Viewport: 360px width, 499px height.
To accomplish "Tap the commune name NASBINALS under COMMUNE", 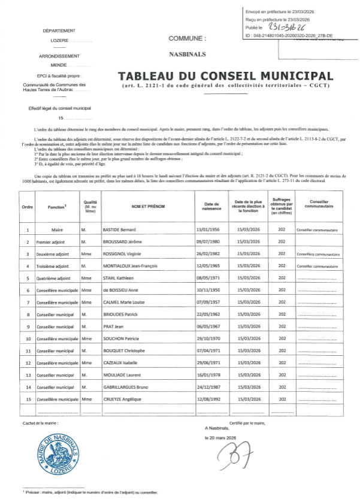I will click(187, 53).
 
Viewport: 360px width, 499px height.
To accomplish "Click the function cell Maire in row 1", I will click(58, 229).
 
